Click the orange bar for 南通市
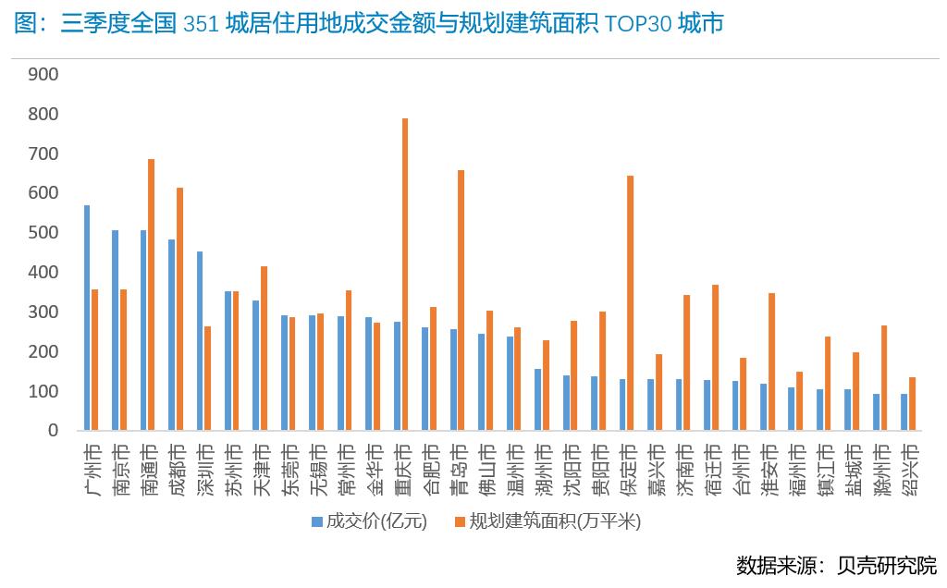(151, 295)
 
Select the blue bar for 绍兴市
(904, 412)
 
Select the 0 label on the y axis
(53, 431)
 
